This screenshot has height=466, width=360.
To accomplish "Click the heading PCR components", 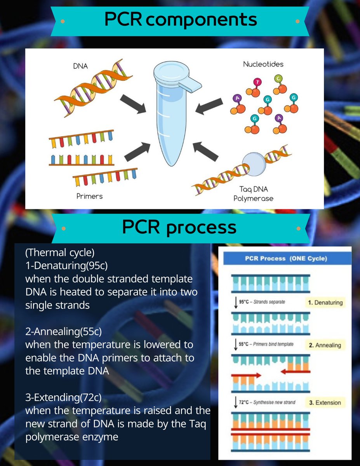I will (181, 19).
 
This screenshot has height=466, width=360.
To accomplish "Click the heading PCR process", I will (179, 227).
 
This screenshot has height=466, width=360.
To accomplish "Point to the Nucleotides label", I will (263, 64).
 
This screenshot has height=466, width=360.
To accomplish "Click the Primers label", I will (90, 196).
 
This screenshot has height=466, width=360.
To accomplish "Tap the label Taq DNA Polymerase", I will (254, 194).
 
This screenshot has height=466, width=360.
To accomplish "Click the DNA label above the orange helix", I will (80, 66).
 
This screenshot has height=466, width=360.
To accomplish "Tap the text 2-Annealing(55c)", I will (63, 332).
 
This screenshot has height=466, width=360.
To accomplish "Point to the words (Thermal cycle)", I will (59, 253).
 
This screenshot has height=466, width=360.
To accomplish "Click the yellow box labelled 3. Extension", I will (325, 402).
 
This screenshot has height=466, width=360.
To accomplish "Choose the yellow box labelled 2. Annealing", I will (325, 345).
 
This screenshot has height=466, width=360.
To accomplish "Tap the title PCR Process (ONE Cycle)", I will (285, 259).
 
